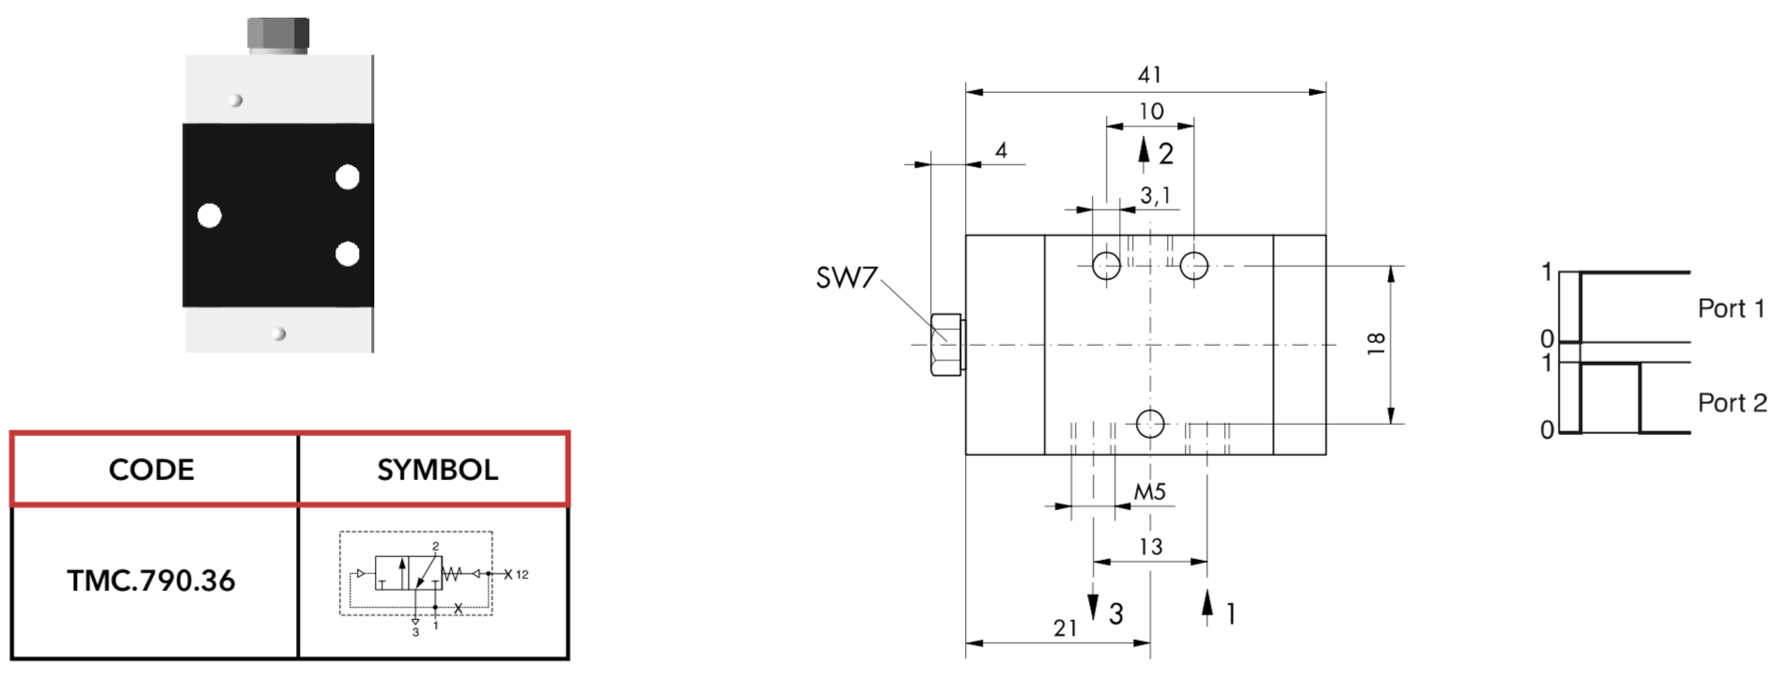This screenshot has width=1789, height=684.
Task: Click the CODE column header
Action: [x=151, y=470]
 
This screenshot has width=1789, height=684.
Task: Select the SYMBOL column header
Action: [x=438, y=470]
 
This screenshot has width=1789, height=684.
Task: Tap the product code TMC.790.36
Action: [x=151, y=581]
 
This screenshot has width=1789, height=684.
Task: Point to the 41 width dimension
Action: [x=1149, y=74]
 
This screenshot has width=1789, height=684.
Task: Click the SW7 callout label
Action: [x=846, y=278]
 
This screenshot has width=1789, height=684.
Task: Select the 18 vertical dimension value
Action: [x=1377, y=344]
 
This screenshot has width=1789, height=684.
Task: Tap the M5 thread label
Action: [x=1150, y=491]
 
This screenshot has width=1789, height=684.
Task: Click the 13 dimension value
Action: [x=1151, y=547]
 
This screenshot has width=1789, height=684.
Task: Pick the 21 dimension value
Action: [x=1066, y=629]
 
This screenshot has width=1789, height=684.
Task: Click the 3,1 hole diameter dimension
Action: [x=1156, y=196]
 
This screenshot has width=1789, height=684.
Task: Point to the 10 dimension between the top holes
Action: [x=1151, y=112]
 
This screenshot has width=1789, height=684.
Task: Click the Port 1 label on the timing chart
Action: [x=1732, y=308]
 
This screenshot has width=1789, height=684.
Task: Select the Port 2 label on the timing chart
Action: [x=1733, y=403]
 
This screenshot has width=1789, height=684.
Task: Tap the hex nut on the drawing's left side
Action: [x=947, y=345]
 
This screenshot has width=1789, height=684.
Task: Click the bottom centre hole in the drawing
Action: [x=1150, y=425]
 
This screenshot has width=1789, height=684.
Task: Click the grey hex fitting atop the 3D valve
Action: [x=278, y=35]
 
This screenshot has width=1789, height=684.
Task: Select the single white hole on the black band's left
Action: [x=210, y=216]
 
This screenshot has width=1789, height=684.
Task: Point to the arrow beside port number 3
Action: [x=1093, y=604]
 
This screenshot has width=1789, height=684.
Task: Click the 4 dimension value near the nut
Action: [x=1002, y=150]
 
